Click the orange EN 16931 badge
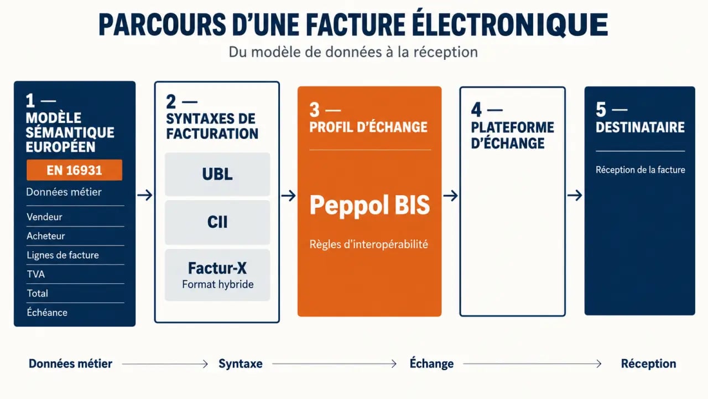click(74, 170)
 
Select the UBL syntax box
click(217, 174)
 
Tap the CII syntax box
click(217, 222)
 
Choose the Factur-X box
click(217, 275)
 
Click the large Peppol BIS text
click(369, 205)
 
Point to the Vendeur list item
click(44, 217)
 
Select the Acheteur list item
click(45, 236)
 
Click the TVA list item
click(36, 274)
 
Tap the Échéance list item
click(47, 312)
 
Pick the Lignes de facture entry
click(63, 255)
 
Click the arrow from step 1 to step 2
click(145, 195)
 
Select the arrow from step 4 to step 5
click(575, 195)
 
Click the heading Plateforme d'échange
click(512, 135)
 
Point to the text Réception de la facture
click(641, 170)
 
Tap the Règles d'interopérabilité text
click(369, 244)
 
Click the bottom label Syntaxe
click(241, 364)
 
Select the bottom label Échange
click(432, 363)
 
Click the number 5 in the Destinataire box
click(601, 110)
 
